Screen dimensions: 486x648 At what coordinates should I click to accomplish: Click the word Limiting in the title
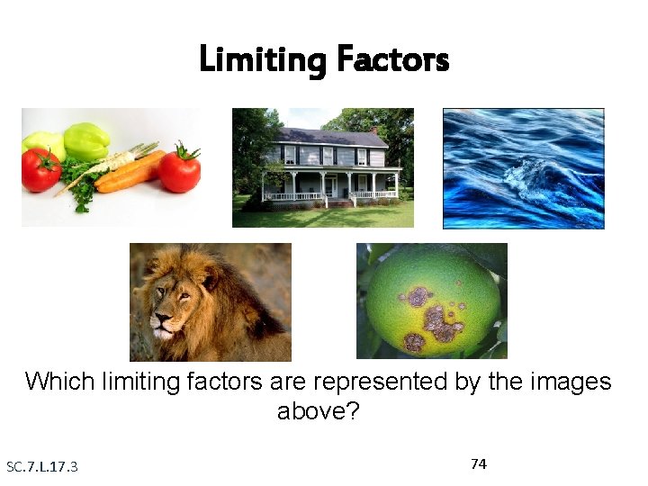click(x=262, y=60)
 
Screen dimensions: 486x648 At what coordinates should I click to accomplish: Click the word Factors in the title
click(x=391, y=60)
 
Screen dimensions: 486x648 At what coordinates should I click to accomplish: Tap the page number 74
click(x=479, y=463)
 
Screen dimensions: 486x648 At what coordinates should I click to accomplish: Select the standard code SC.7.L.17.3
click(x=42, y=466)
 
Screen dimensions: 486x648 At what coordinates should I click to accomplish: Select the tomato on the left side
click(x=40, y=169)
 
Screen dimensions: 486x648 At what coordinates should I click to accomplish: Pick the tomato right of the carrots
click(x=179, y=168)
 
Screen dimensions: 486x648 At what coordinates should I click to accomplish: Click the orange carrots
click(x=130, y=173)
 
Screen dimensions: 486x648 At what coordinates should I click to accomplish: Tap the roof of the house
click(x=328, y=136)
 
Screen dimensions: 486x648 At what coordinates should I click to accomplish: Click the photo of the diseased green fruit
click(x=432, y=301)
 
